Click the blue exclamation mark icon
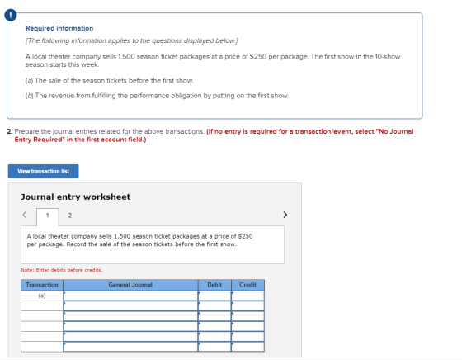coord(11,16)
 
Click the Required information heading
coord(59,28)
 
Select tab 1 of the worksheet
coord(48,216)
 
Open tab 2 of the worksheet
coord(70,216)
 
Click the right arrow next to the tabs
coord(285,215)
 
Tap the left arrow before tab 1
coord(25,215)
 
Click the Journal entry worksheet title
coord(75,197)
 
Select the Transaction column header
coord(42,285)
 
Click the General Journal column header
coord(130,285)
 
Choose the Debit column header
coord(214,285)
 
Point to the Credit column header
coord(247,285)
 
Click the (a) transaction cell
coord(42,296)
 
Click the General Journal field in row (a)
coord(130,296)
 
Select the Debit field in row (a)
coord(214,296)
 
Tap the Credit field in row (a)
coord(247,296)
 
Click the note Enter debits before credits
coord(62,270)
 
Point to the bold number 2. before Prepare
coord(10,131)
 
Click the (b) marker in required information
coord(30,96)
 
